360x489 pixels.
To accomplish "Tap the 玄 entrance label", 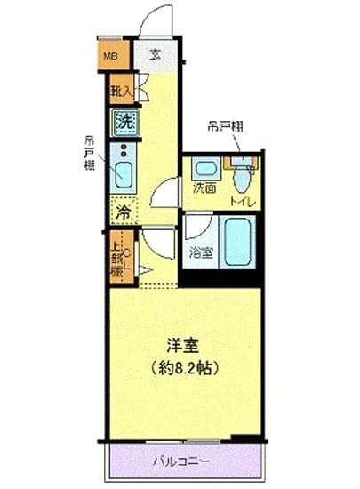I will click(155, 54).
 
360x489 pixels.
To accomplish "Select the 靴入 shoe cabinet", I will click(121, 90).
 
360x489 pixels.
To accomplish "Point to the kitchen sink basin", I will click(123, 172).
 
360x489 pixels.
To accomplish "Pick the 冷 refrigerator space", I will click(122, 212).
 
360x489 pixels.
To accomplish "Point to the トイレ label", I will click(241, 202).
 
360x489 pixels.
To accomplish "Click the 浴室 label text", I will click(201, 252).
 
